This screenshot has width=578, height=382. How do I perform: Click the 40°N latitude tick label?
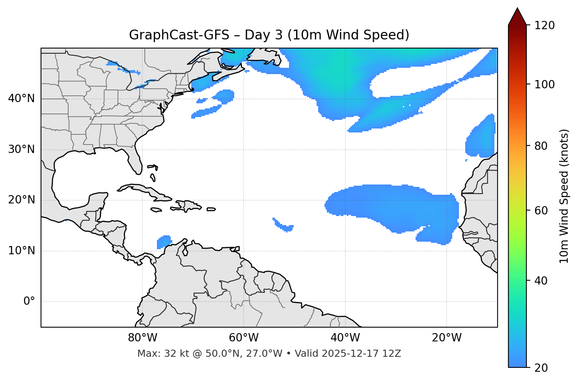tap(21, 99)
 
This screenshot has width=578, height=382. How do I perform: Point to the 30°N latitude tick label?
tap(21, 149)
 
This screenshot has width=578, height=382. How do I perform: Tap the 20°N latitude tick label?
tap(21, 200)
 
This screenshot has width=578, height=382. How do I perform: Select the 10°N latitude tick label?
tap(21, 251)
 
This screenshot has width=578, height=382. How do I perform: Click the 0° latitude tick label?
tap(29, 302)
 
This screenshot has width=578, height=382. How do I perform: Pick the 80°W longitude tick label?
tap(142, 338)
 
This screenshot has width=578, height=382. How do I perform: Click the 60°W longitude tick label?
tap(244, 338)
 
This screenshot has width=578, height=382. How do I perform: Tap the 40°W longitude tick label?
tap(345, 338)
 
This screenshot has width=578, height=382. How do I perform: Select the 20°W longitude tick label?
tap(447, 338)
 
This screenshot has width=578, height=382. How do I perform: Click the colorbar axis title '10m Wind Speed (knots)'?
tap(564, 196)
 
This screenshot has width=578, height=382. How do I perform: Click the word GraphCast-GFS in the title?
tap(179, 35)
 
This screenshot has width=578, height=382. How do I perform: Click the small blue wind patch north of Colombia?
tap(164, 242)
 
